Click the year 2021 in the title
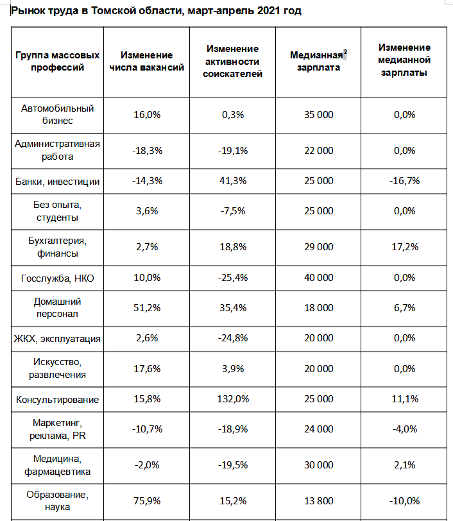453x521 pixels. (269, 11)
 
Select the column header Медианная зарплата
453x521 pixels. (318, 61)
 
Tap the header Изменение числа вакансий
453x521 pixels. (146, 61)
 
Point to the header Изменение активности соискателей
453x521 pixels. (233, 61)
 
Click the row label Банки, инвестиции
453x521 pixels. (58, 182)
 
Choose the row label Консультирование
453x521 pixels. (58, 399)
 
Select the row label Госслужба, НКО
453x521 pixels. (58, 278)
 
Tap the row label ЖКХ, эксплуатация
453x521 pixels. (57, 338)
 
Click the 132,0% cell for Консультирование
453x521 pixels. (233, 398)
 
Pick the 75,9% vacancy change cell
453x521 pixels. (147, 500)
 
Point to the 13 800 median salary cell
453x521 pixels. (318, 500)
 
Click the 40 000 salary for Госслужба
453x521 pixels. (318, 277)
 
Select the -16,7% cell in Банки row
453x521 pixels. (404, 181)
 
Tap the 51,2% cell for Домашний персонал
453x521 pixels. (147, 308)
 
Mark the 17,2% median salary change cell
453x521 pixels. (405, 247)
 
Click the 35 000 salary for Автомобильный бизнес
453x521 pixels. (318, 115)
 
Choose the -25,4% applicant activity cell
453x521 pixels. (233, 277)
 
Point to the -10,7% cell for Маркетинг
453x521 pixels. (147, 429)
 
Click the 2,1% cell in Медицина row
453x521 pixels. (404, 465)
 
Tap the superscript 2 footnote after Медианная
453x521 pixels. (345, 52)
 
